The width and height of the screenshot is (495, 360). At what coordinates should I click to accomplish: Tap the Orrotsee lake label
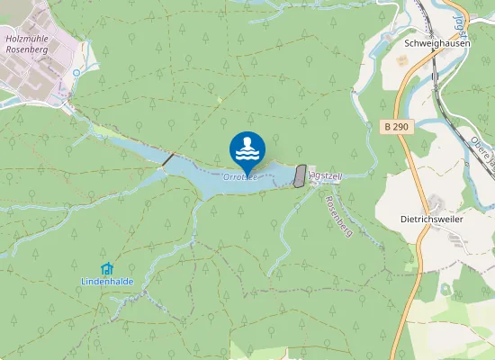click(236, 177)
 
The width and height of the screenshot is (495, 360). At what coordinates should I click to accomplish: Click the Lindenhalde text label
click(107, 281)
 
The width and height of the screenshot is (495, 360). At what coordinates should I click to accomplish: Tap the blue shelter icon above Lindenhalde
click(107, 268)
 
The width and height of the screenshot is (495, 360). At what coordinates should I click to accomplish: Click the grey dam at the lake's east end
click(300, 175)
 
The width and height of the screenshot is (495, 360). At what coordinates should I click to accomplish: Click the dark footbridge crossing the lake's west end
click(167, 159)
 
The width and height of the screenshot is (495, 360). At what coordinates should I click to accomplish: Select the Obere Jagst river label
click(482, 150)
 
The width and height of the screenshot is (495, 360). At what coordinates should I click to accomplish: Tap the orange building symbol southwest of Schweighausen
click(400, 59)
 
